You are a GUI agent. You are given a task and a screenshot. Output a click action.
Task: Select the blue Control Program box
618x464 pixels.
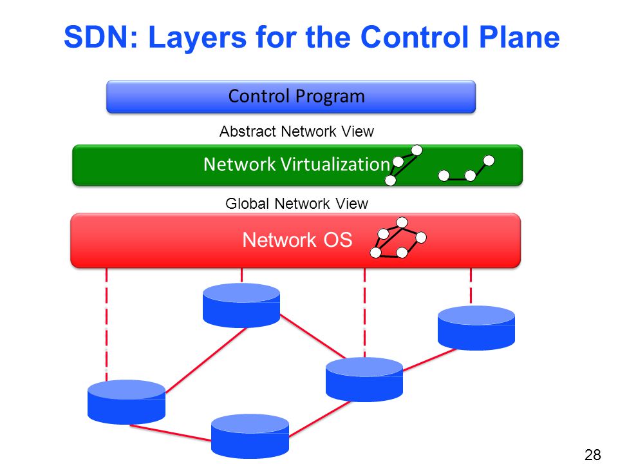[x=291, y=97]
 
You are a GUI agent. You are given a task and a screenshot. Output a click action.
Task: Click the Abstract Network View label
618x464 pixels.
[x=296, y=131]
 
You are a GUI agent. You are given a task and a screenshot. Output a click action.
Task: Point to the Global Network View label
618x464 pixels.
[x=296, y=204]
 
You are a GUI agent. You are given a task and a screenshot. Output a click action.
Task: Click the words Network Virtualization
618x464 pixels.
[x=296, y=164]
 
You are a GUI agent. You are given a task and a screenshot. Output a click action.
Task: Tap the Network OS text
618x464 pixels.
[x=297, y=240]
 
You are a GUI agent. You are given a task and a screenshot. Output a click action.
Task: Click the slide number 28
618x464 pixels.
[x=592, y=454]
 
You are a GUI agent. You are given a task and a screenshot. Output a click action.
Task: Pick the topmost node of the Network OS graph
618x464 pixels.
[x=402, y=222]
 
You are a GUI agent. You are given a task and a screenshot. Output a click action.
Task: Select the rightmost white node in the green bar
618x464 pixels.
[x=489, y=160]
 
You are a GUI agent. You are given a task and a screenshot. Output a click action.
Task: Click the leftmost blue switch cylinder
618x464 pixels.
[x=126, y=401]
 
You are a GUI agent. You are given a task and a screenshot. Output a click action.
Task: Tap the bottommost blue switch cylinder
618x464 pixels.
[x=250, y=436]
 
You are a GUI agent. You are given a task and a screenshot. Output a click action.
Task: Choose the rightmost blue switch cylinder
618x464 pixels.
[x=476, y=328]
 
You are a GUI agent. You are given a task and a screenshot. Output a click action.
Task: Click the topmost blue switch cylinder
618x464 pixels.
[x=241, y=305]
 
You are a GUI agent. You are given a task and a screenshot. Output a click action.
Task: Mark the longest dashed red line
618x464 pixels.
[x=106, y=324]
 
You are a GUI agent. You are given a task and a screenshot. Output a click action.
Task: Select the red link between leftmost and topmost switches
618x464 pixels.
[x=206, y=360]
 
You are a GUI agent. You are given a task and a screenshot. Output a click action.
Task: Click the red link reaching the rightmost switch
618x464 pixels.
[x=429, y=360]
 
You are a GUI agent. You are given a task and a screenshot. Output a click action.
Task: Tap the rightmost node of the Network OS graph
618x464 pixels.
[x=421, y=238]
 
